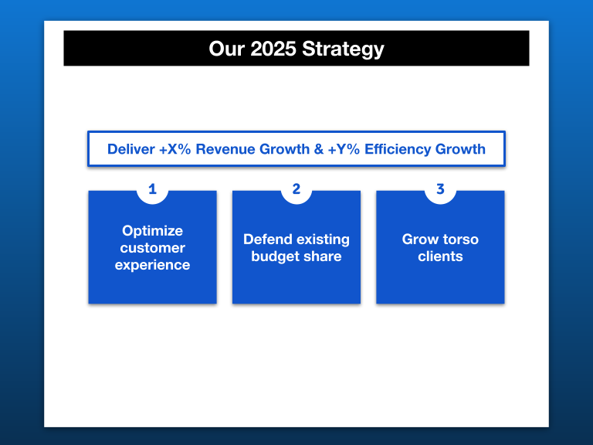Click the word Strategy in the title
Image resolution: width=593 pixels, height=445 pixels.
(x=343, y=49)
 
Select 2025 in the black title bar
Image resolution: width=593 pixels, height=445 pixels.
(x=273, y=49)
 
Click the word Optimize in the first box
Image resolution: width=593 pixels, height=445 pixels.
(x=152, y=230)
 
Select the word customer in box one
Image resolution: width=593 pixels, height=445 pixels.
(x=152, y=248)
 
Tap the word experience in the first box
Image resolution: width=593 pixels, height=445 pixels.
(x=152, y=265)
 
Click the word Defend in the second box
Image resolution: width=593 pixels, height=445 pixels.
(x=268, y=239)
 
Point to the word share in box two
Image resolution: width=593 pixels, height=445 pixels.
(x=323, y=256)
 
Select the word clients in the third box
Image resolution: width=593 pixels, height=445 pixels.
(x=440, y=256)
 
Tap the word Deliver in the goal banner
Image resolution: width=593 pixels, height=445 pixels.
(x=131, y=149)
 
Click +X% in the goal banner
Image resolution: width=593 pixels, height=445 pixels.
(x=175, y=149)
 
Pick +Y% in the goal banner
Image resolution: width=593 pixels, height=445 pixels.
(x=344, y=149)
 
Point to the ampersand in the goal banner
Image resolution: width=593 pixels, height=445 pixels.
(x=319, y=149)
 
